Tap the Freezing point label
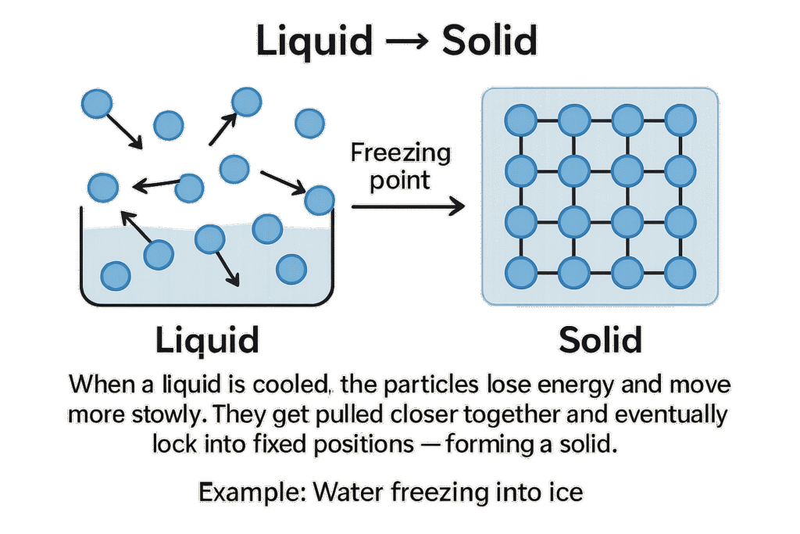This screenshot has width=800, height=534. tap(401, 167)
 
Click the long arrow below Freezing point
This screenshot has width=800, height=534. tap(408, 206)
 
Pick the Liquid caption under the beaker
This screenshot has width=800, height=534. tap(206, 340)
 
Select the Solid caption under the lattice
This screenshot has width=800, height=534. tap(600, 340)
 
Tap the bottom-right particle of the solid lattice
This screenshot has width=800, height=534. tap(680, 272)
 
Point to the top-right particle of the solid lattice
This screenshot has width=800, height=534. tap(680, 120)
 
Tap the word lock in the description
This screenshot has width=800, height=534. tap(173, 445)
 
